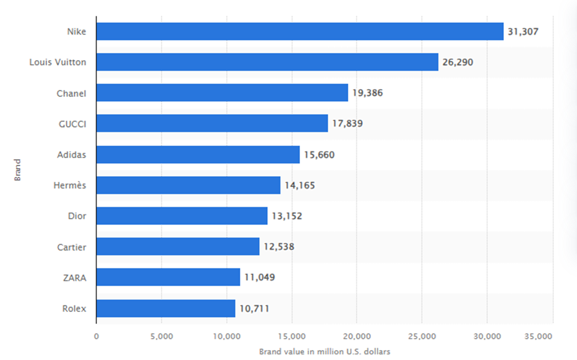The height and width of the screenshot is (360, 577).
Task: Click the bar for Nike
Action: pyautogui.click(x=300, y=31)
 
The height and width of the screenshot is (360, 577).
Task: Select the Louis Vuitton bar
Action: pyautogui.click(x=267, y=62)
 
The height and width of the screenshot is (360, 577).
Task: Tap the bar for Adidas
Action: pyautogui.click(x=198, y=155)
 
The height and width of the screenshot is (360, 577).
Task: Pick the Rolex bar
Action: pyautogui.click(x=166, y=308)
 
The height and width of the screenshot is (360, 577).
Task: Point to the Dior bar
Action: pyautogui.click(x=182, y=216)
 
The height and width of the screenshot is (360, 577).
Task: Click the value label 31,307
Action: pyautogui.click(x=523, y=31)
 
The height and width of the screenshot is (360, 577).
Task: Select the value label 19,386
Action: pyautogui.click(x=367, y=93)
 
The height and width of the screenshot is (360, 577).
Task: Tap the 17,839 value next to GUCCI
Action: pyautogui.click(x=347, y=124)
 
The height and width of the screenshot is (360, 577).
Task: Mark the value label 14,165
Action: pyautogui.click(x=299, y=185)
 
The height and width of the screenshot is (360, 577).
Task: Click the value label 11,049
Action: pyautogui.click(x=259, y=277)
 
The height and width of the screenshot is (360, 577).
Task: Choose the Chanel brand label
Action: pyautogui.click(x=71, y=93)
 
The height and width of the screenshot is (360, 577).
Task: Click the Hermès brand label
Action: pyautogui.click(x=70, y=185)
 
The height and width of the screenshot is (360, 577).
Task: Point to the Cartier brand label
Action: pyautogui.click(x=72, y=247)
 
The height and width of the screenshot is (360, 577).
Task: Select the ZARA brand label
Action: pyautogui.click(x=75, y=278)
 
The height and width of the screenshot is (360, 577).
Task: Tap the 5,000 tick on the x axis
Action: pyautogui.click(x=162, y=336)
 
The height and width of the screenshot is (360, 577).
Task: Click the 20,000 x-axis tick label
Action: pyautogui.click(x=357, y=336)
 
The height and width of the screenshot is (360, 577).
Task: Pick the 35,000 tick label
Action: pyautogui.click(x=538, y=336)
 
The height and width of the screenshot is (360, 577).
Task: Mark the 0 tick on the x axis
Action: pyautogui.click(x=96, y=336)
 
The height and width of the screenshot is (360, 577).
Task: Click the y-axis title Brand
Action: pyautogui.click(x=17, y=170)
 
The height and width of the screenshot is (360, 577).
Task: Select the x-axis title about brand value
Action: pyautogui.click(x=324, y=352)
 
